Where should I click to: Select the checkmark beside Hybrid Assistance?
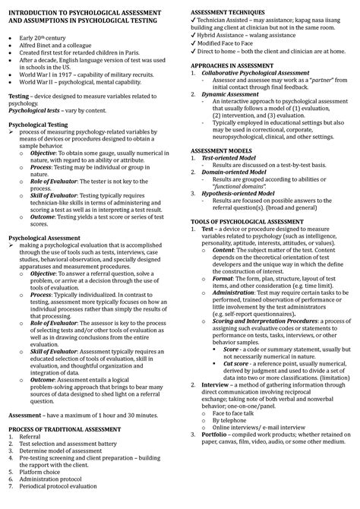pyautogui.click(x=193, y=41)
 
